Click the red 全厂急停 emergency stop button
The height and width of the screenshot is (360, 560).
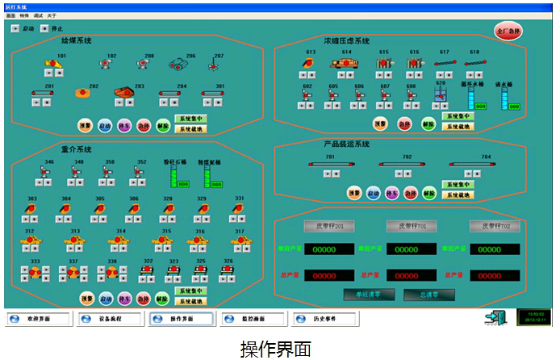508,31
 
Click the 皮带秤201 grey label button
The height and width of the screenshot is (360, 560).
328,226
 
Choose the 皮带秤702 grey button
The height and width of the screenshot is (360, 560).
495,226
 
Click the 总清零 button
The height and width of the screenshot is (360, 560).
428,295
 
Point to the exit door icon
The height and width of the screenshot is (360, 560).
495,318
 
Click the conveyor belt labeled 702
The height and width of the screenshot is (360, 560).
406,165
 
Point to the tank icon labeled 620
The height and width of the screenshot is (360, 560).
440,96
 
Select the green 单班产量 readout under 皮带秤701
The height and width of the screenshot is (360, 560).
411,249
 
